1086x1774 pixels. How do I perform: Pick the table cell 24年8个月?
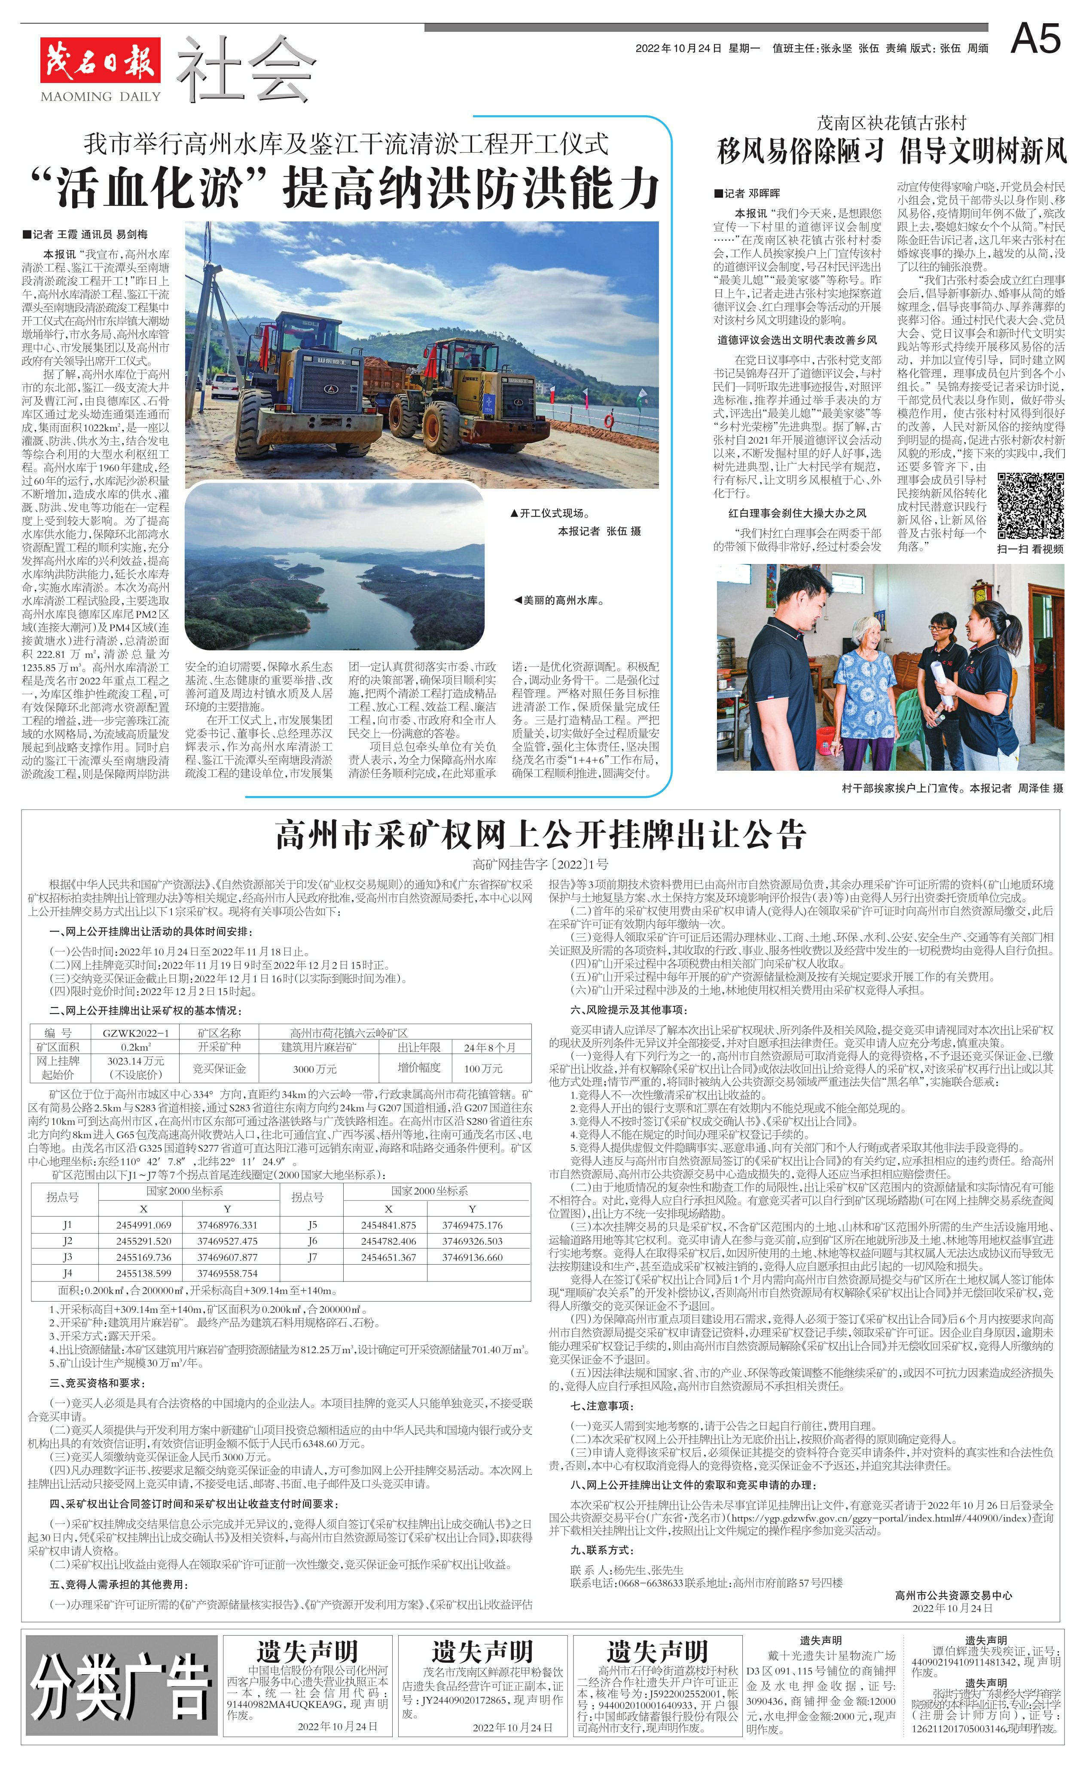pyautogui.click(x=489, y=1048)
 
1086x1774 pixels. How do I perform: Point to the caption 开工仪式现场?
pyautogui.click(x=550, y=513)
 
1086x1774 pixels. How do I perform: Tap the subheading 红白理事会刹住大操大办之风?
pyautogui.click(x=797, y=513)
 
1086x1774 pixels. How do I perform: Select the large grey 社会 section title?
pyautogui.click(x=245, y=68)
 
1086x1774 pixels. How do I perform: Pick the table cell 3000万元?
pyautogui.click(x=314, y=1069)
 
